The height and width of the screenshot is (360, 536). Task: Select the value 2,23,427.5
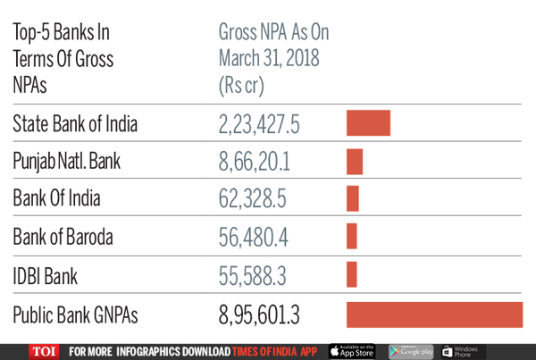tap(265, 124)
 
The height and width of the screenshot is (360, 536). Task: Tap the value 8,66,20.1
tap(255, 162)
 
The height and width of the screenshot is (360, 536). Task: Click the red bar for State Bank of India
tap(368, 122)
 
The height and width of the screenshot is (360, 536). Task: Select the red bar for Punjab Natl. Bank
tap(355, 162)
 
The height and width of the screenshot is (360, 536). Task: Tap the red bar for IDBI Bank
tap(352, 274)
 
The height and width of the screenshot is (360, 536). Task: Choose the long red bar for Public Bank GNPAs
tap(433, 316)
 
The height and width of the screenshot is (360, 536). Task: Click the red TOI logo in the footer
tap(46, 351)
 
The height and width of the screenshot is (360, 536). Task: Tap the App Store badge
tap(354, 351)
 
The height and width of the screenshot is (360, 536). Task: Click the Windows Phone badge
tap(463, 351)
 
